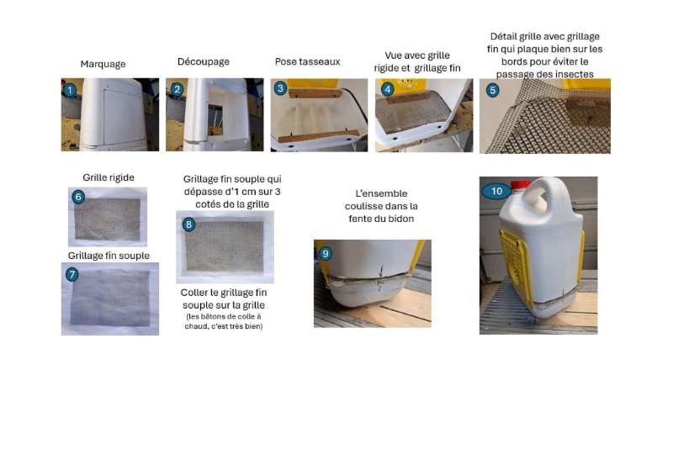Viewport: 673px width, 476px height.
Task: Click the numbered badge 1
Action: pyautogui.click(x=70, y=90)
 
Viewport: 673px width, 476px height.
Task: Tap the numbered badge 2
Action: pyautogui.click(x=177, y=89)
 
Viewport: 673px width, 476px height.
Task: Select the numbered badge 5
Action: pyautogui.click(x=492, y=90)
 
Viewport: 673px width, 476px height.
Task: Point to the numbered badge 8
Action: pyautogui.click(x=188, y=225)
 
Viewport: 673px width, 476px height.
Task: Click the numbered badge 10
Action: pyautogui.click(x=496, y=191)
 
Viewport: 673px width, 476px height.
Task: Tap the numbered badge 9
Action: pyautogui.click(x=325, y=254)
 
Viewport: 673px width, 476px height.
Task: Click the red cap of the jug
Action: pyautogui.click(x=521, y=184)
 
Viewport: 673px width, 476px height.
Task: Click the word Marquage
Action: pyautogui.click(x=103, y=64)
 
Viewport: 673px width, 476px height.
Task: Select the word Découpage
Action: pyautogui.click(x=204, y=61)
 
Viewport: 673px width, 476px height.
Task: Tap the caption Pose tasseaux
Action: pyautogui.click(x=307, y=61)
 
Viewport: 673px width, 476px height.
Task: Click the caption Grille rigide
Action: pyautogui.click(x=109, y=177)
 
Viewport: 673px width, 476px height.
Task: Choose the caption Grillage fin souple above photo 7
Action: pyautogui.click(x=109, y=256)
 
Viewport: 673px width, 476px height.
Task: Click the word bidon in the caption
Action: pyautogui.click(x=400, y=219)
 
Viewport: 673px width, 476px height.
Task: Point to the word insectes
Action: pyautogui.click(x=571, y=74)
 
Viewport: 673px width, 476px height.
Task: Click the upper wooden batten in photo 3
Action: pyautogui.click(x=314, y=93)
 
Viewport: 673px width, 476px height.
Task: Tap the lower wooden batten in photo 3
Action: pyautogui.click(x=319, y=136)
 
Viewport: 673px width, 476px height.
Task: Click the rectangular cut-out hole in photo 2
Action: pyautogui.click(x=215, y=119)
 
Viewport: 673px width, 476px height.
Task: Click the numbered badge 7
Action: pyautogui.click(x=72, y=274)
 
